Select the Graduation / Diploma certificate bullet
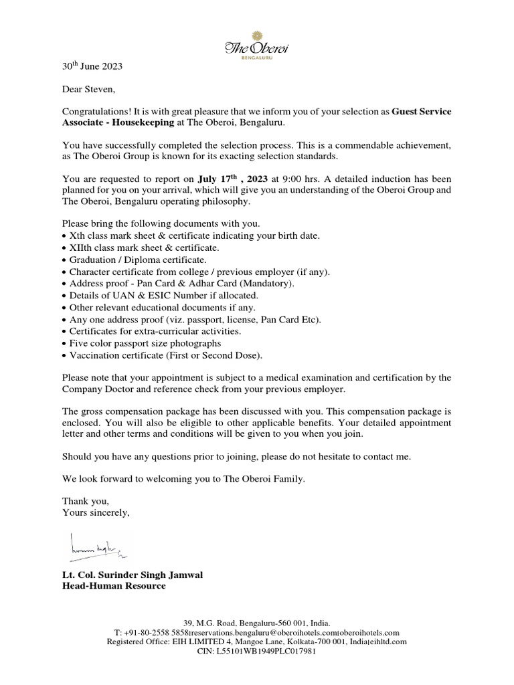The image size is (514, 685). coord(138,260)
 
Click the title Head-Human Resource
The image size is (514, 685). coord(114,586)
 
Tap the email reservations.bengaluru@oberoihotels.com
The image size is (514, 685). coord(264,632)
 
